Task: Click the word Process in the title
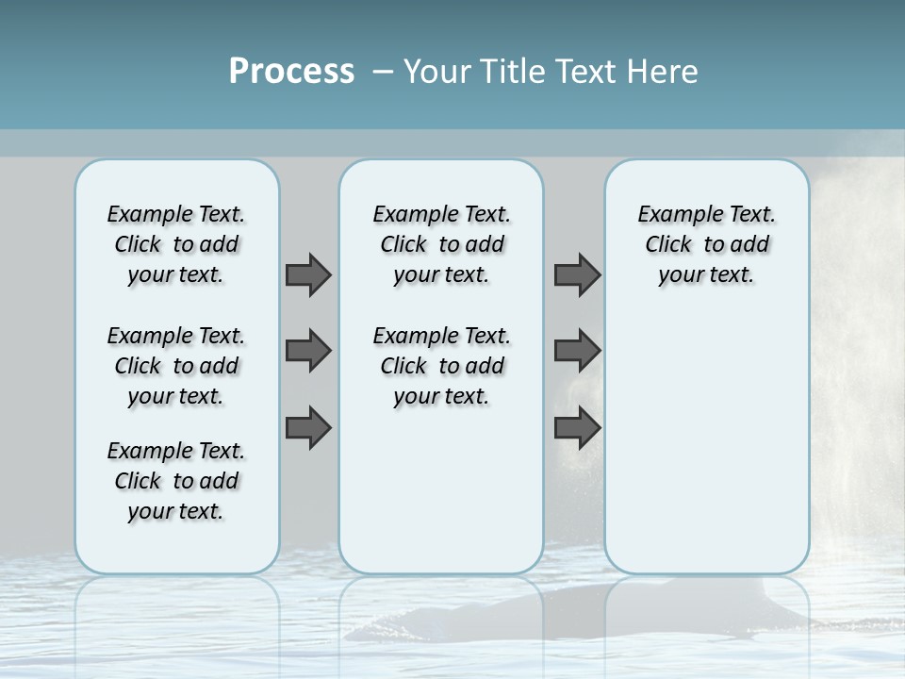pyautogui.click(x=291, y=72)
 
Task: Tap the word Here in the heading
pyautogui.click(x=664, y=72)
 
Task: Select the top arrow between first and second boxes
pyautogui.click(x=308, y=274)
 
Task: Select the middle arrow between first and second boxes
pyautogui.click(x=308, y=351)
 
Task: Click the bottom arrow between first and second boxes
pyautogui.click(x=308, y=428)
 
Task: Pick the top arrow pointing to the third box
pyautogui.click(x=577, y=274)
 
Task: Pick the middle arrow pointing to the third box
pyautogui.click(x=577, y=351)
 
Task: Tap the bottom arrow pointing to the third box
pyautogui.click(x=577, y=428)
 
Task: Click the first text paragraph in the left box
pyautogui.click(x=176, y=244)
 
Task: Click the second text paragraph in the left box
pyautogui.click(x=176, y=366)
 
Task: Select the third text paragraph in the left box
pyautogui.click(x=176, y=481)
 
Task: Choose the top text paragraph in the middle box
pyautogui.click(x=441, y=244)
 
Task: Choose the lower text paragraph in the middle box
pyautogui.click(x=441, y=366)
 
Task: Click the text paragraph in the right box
pyautogui.click(x=707, y=244)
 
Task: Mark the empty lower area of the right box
pyautogui.click(x=707, y=443)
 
